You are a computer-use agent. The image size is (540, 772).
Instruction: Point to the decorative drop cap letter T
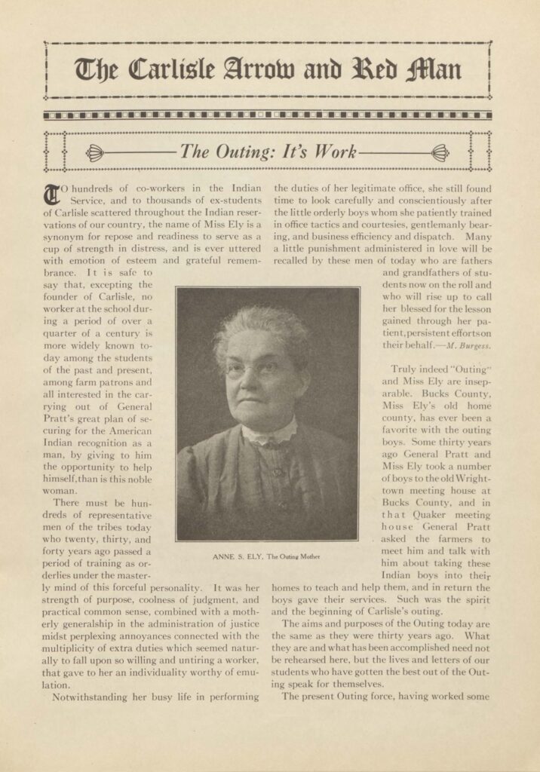tap(51, 194)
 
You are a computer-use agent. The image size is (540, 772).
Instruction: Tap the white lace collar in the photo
tap(268, 433)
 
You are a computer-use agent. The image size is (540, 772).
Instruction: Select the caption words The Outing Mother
tap(294, 556)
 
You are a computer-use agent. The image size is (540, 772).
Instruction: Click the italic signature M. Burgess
tap(468, 345)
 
